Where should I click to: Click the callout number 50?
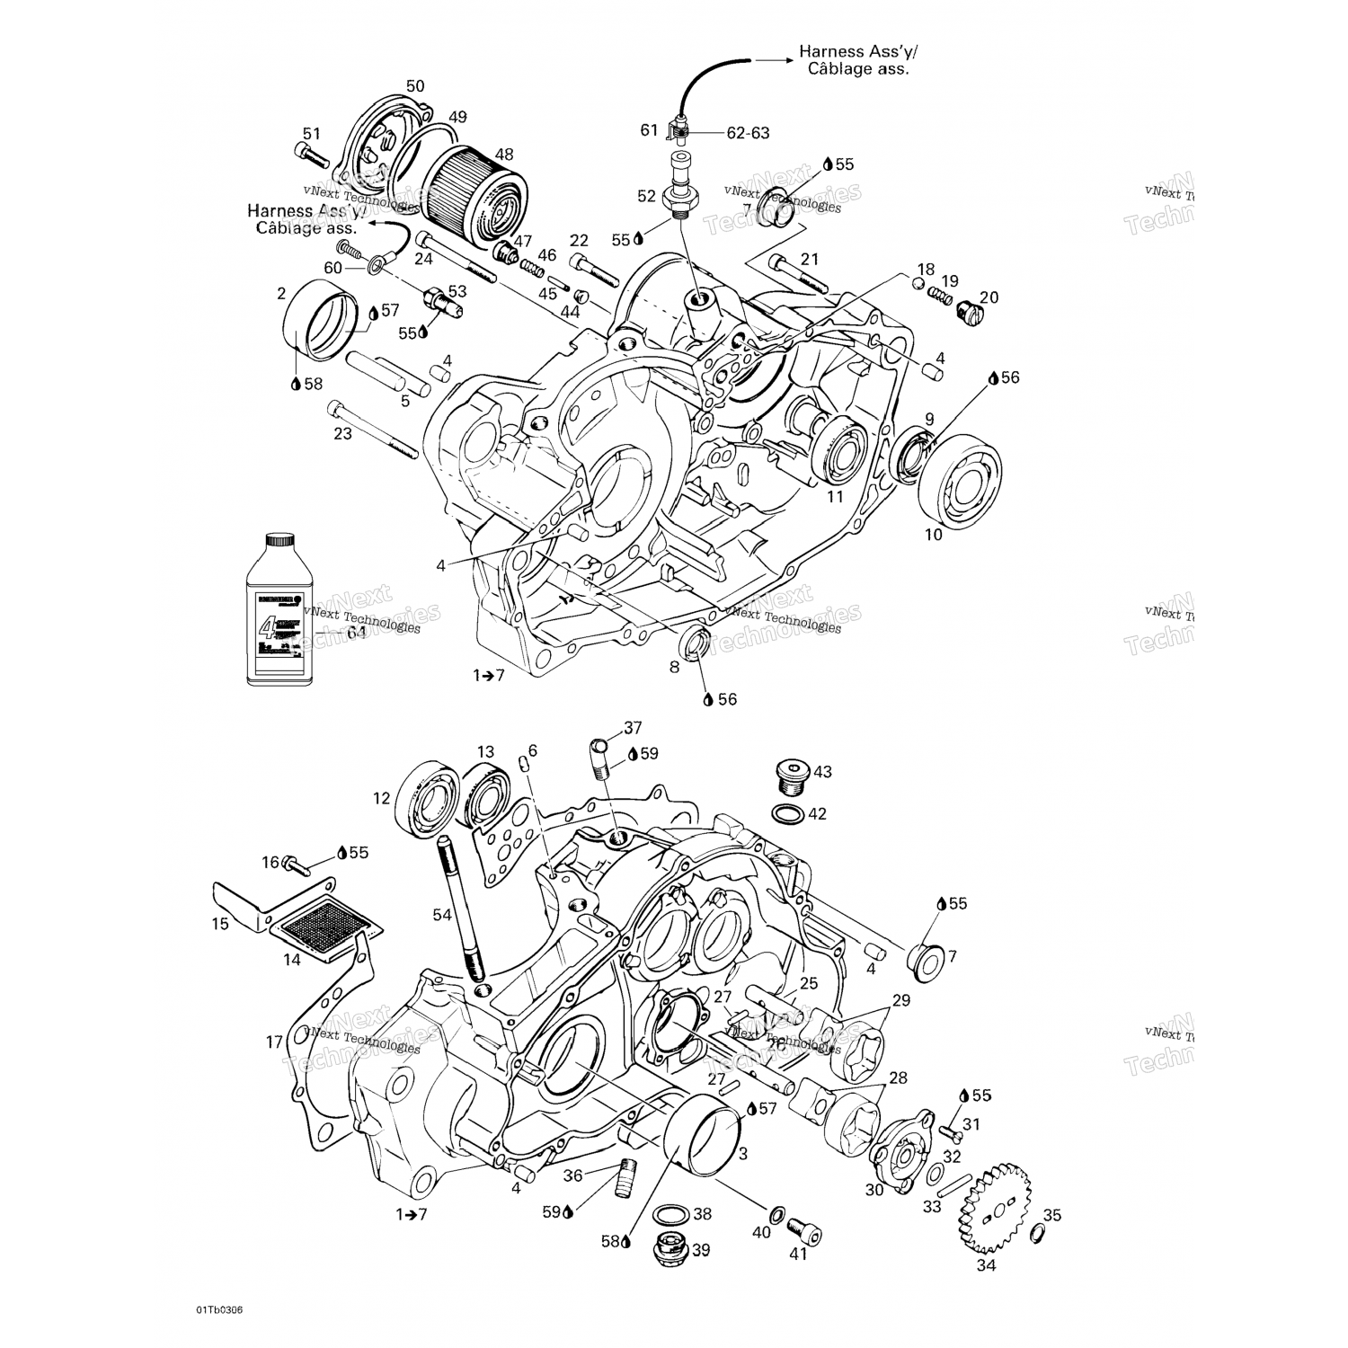414,86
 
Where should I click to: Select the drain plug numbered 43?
791,776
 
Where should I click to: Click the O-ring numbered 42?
788,814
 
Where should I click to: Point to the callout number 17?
274,1042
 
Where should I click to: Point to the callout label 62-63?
748,133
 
